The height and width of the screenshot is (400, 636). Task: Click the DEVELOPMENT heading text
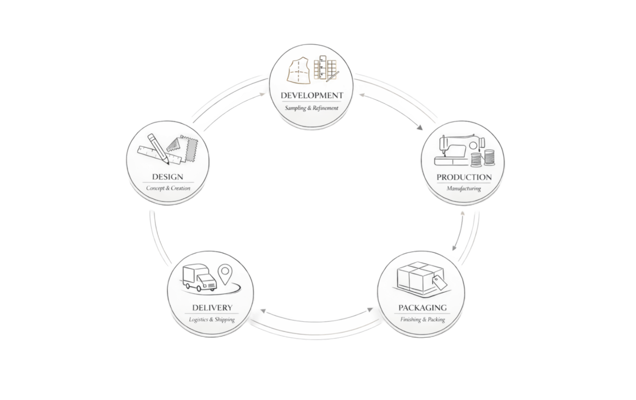click(x=311, y=96)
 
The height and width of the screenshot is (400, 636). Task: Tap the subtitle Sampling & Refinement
click(x=311, y=108)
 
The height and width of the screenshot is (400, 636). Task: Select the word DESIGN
click(x=167, y=177)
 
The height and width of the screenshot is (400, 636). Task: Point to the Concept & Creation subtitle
click(x=168, y=188)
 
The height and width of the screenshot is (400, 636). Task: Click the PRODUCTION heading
click(x=464, y=178)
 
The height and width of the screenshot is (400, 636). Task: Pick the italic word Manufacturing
click(x=464, y=189)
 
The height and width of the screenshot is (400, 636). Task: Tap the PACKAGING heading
click(x=422, y=308)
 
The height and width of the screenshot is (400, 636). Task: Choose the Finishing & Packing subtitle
click(x=422, y=320)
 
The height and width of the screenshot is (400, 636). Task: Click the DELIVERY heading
click(x=212, y=308)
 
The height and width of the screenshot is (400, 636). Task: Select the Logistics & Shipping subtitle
click(x=212, y=319)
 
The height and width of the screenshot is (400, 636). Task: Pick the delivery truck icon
click(x=199, y=278)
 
